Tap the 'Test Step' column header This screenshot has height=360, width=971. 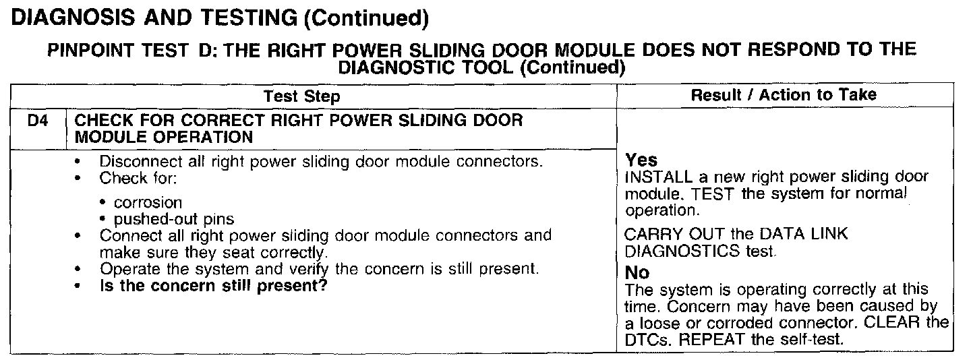click(301, 96)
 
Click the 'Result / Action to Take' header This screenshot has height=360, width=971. click(784, 95)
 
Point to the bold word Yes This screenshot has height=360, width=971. click(641, 160)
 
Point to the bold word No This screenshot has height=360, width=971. click(637, 273)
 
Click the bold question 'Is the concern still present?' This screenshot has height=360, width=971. click(214, 285)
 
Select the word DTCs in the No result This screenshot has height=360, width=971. click(645, 339)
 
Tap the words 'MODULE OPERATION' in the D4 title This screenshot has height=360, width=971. click(163, 138)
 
